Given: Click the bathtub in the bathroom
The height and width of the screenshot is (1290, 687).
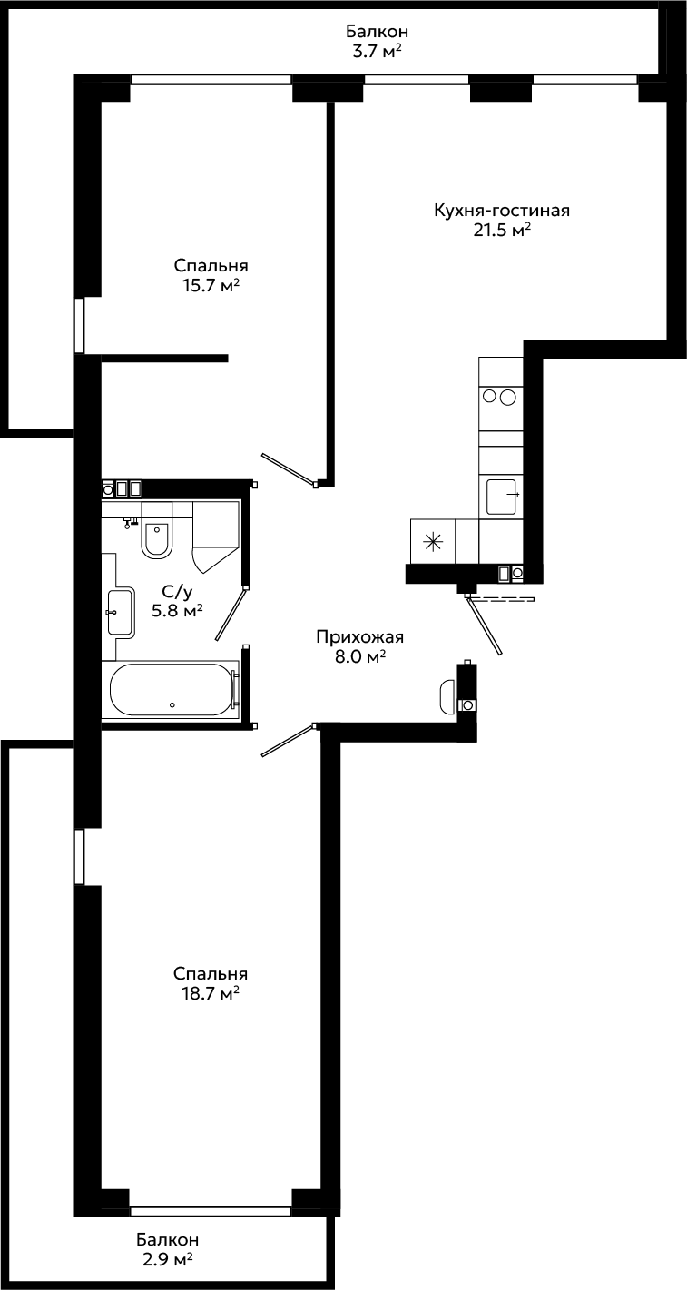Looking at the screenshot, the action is pos(171,689).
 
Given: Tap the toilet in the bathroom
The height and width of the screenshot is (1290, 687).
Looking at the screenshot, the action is pos(157,538).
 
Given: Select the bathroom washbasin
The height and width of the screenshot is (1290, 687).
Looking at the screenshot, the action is pos(121,612).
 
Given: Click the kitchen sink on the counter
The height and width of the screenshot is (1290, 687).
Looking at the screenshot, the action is pos(501,497).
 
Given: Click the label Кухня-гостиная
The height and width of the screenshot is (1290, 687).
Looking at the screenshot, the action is pos(502,211).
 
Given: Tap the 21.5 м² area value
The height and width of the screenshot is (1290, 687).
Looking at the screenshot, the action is pos(501,231).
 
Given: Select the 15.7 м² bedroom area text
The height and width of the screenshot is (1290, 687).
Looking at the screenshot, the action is pos(211,285).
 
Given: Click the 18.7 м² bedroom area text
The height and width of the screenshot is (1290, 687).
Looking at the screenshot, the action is pos(211,993).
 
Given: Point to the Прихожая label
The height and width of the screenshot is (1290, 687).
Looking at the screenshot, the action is pos(360,637).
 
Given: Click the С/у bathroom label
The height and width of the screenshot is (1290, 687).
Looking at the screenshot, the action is pos(177,592).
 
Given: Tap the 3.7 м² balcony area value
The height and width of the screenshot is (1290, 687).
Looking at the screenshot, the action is pos(377,52).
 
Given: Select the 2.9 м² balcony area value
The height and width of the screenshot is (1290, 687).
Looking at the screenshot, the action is pos(168,1270).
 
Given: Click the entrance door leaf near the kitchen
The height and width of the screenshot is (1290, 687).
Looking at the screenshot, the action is pos(485,626).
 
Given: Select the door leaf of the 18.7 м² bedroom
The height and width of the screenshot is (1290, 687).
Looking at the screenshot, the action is pos(289,740).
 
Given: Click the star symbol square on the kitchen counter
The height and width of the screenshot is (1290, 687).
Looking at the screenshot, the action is pos(433,541).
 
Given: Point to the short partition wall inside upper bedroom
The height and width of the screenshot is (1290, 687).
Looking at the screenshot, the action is pos(164,359).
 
